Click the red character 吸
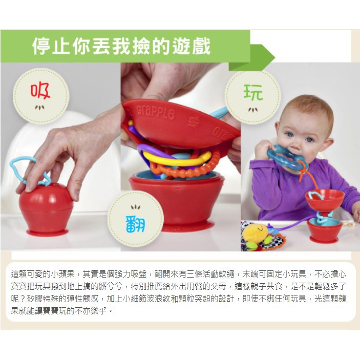40,91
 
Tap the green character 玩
253,92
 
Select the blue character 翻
136,224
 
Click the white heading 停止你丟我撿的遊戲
121,46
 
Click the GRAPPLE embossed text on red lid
156,113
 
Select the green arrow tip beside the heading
274,57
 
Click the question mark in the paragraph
23,299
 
